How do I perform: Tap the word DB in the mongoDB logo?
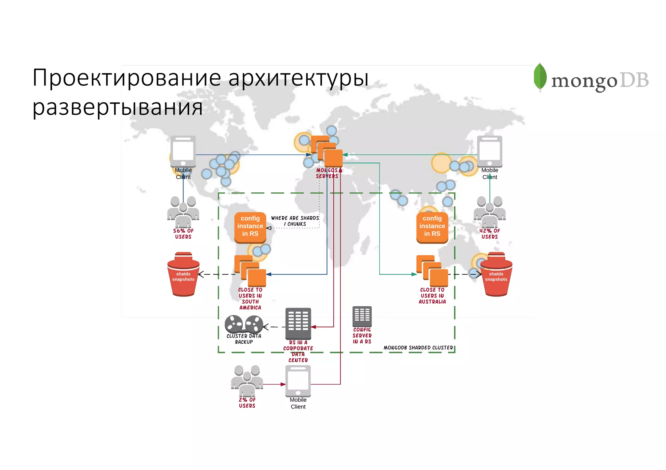point(634,80)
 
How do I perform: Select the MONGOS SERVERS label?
point(327,173)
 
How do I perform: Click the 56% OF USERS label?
point(183,234)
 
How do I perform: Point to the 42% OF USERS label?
point(489,234)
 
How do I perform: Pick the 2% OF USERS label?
point(247,403)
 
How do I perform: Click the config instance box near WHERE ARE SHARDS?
point(250,226)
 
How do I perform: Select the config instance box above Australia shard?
point(432,226)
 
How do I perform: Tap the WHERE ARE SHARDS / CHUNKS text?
point(295,221)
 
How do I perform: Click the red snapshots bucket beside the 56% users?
point(183,275)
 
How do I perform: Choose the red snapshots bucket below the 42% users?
point(496,275)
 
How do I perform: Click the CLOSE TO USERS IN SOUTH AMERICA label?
point(250,299)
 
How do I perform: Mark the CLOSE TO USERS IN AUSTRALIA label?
point(432,296)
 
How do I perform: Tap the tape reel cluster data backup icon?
point(244,324)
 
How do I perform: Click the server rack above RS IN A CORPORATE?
point(298,323)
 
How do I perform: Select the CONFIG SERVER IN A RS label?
point(362,336)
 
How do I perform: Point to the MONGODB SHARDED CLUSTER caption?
point(418,348)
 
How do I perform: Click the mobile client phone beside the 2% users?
point(298,381)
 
